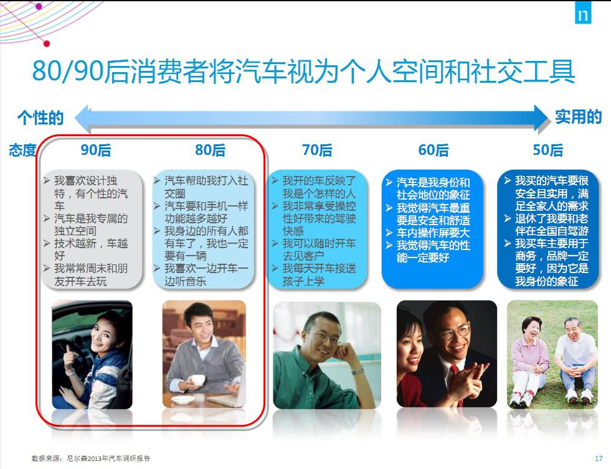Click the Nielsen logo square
tap(583, 13)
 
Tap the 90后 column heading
tap(96, 150)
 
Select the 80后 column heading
tap(211, 150)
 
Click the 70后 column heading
tap(317, 150)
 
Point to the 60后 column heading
tap(433, 150)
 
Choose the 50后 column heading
tap(548, 150)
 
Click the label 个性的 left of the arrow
tap(40, 118)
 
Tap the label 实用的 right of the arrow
tap(578, 117)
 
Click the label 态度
tap(22, 151)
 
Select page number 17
tap(599, 458)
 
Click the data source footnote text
tap(91, 458)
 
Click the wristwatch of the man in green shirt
tap(357, 371)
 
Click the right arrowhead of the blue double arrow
tap(542, 118)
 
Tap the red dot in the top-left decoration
tap(47, 44)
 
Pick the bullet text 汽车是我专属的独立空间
tap(91, 225)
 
